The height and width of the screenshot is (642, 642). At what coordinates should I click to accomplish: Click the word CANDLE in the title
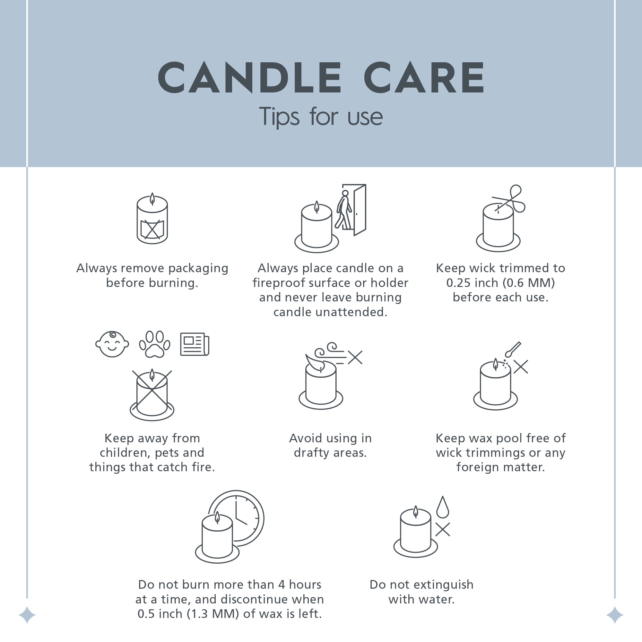[249, 77]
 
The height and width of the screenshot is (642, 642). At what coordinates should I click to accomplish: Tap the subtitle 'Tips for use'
[321, 117]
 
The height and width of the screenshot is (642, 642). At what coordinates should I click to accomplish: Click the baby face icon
[112, 344]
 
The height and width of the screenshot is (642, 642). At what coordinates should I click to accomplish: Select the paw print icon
[154, 344]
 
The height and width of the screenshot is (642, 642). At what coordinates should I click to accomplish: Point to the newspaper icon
[195, 344]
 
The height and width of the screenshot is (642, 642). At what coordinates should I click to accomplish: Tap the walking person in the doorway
[344, 210]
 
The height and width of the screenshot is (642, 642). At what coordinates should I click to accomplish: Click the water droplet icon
[443, 507]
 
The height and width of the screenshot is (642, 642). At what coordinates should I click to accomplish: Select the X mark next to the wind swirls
[355, 358]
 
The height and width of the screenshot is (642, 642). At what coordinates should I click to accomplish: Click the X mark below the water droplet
[443, 530]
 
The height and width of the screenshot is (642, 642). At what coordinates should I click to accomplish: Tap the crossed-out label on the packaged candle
[152, 229]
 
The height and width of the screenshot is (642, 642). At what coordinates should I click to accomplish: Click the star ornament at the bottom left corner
[27, 615]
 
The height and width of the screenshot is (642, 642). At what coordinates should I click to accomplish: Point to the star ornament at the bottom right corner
[615, 615]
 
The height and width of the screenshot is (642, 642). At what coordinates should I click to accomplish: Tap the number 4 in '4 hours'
[282, 585]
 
